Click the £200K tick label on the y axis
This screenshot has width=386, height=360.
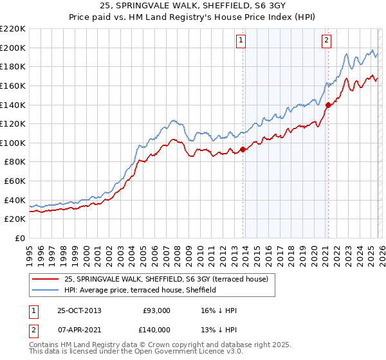click(13, 48)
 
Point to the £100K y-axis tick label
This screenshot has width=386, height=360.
click(13, 143)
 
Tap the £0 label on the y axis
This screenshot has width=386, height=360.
click(19, 238)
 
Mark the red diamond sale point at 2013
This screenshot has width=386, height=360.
click(243, 150)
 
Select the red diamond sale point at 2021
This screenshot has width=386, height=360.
click(327, 105)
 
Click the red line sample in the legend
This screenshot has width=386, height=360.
click(46, 279)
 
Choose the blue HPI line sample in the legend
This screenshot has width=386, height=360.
click(46, 290)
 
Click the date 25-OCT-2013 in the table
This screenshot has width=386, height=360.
click(79, 310)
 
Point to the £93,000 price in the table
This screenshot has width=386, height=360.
click(156, 310)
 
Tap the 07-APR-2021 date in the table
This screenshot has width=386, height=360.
click(79, 330)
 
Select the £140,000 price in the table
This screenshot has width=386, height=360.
click(156, 330)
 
